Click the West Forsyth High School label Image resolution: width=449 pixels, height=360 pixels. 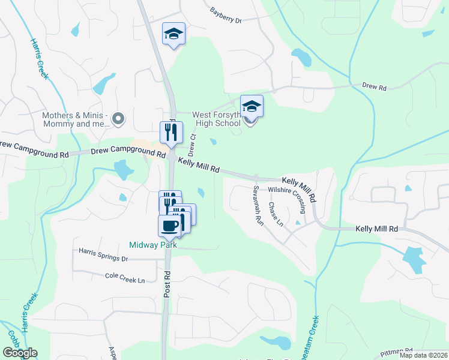pyautogui.click(x=216, y=119)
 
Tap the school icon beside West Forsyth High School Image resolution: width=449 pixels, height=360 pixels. pyautogui.click(x=252, y=107)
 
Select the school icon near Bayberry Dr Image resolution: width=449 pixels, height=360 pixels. pyautogui.click(x=173, y=34)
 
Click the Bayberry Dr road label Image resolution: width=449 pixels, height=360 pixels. pyautogui.click(x=226, y=16)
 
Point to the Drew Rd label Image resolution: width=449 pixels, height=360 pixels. pyautogui.click(x=374, y=86)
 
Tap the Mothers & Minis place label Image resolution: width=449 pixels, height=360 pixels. pyautogui.click(x=75, y=120)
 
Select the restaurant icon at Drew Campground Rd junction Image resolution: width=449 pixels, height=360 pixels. pyautogui.click(x=171, y=133)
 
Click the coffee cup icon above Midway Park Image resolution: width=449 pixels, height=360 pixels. pyautogui.click(x=169, y=226)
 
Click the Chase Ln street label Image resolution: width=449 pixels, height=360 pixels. pyautogui.click(x=276, y=214)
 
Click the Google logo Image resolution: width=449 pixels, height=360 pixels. pyautogui.click(x=19, y=353)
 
